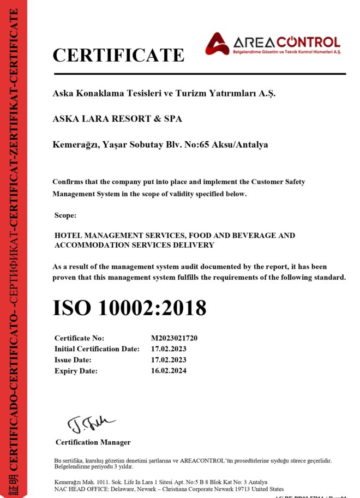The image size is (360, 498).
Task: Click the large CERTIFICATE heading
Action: click(118, 55)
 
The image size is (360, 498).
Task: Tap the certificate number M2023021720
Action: click(174, 338)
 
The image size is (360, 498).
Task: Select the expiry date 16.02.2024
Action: click(169, 370)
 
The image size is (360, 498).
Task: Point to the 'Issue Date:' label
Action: click(73, 359)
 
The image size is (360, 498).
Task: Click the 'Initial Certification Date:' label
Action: click(97, 349)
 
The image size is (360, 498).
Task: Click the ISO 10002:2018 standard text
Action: click(129, 308)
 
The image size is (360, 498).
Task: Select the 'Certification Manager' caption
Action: click(93, 442)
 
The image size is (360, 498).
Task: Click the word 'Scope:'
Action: click(65, 215)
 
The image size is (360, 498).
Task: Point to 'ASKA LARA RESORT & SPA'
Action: click(117, 118)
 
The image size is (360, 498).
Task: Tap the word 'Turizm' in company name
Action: click(190, 93)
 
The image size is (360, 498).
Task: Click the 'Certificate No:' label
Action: click(79, 338)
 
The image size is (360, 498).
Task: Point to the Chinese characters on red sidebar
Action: click(13, 483)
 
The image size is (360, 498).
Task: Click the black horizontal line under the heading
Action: click(199, 74)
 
